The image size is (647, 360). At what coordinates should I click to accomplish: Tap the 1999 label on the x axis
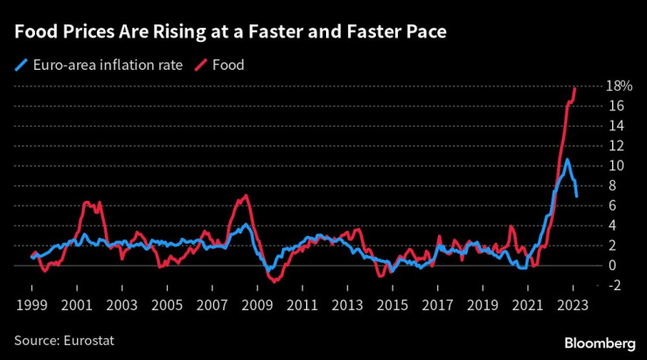tap(31, 307)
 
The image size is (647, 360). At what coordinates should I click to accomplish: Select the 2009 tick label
tap(257, 307)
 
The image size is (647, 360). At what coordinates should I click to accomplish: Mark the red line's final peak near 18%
tap(574, 87)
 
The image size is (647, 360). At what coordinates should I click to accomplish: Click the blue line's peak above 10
tap(567, 160)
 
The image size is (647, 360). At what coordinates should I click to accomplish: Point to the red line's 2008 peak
tap(247, 195)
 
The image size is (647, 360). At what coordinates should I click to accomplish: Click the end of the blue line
tap(576, 197)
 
